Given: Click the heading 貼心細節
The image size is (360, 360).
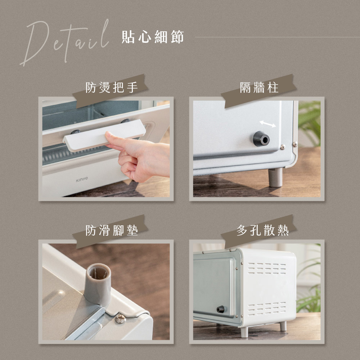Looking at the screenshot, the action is point(153,37).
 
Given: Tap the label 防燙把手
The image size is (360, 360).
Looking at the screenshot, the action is point(112,87).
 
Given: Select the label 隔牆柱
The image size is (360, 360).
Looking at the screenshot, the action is point(259,88).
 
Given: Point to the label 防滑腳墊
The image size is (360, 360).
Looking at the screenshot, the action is point(112,230).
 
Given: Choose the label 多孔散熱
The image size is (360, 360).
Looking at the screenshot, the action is point(263,230).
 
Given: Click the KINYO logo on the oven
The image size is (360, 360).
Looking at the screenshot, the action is point(82,179).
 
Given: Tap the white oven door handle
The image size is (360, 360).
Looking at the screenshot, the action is point(104,135).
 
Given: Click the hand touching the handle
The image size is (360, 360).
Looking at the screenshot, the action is point(138,157).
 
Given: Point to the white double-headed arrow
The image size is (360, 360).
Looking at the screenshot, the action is point(268,124).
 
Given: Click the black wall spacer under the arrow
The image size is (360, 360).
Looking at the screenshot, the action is point(261,139).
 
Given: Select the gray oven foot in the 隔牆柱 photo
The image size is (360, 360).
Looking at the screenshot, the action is point(275,177).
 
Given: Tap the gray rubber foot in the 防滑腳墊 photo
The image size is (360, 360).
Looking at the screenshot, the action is point(98,285).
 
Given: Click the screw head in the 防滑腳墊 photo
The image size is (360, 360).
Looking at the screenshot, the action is point(120,319).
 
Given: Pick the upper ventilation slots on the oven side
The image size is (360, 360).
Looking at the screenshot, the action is point(267,268).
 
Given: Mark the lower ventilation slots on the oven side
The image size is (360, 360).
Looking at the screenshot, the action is point(267,309).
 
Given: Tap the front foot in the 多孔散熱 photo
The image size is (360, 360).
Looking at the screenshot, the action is point(244,332).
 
